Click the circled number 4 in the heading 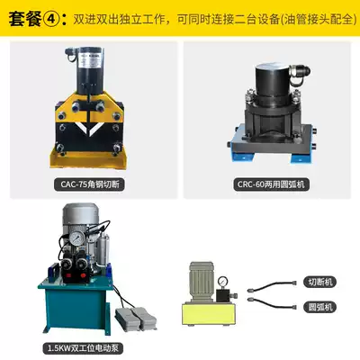(x=49, y=19)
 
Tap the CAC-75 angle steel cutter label (x=89, y=184)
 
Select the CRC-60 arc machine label (x=271, y=184)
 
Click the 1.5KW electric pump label (x=83, y=348)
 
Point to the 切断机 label (x=319, y=282)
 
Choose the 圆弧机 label (x=319, y=307)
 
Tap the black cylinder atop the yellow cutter (x=90, y=69)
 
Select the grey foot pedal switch (x=136, y=319)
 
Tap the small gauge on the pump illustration (x=223, y=281)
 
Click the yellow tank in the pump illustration (x=207, y=315)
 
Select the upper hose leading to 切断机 (x=272, y=285)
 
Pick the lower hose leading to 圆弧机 (x=272, y=302)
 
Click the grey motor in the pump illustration (x=202, y=282)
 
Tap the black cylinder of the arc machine (x=273, y=80)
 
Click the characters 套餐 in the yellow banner (x=24, y=19)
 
